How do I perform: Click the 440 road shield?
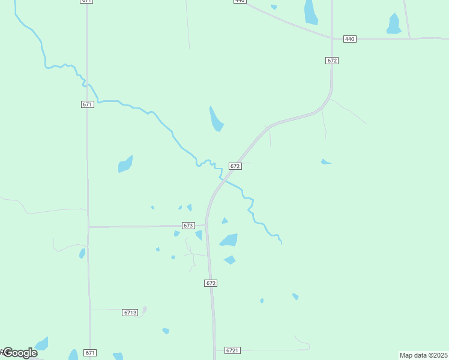(x=350, y=39)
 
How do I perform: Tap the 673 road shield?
(x=188, y=226)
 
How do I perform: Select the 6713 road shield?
(x=130, y=313)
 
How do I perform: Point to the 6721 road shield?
(x=232, y=350)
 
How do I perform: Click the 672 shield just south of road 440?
(x=333, y=61)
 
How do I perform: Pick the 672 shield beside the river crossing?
(x=235, y=166)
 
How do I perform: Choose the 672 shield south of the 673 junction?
(x=210, y=283)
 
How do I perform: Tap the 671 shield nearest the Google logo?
(x=90, y=352)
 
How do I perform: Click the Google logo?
(x=19, y=353)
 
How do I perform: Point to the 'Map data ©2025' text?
(x=423, y=355)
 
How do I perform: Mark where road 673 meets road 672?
(x=206, y=226)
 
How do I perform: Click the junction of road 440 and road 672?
(x=332, y=38)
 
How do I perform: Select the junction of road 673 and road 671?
(x=89, y=227)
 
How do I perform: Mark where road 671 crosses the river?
(x=87, y=84)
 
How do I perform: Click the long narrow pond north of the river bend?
(x=215, y=119)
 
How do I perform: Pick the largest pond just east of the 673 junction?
(x=229, y=240)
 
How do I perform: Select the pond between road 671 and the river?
(x=125, y=164)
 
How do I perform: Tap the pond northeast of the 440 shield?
(x=394, y=25)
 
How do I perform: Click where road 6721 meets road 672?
(x=214, y=350)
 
